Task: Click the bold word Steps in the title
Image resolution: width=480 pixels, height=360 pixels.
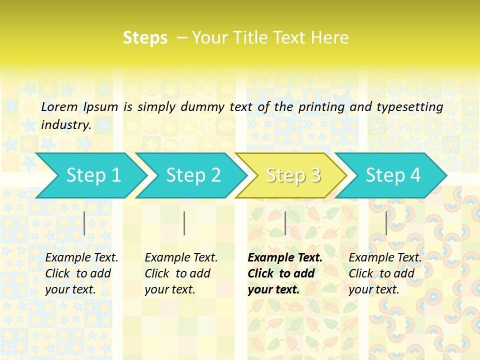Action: (x=145, y=38)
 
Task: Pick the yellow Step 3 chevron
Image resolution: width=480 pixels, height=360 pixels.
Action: (x=293, y=175)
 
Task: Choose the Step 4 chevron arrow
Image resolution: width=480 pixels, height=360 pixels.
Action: (x=393, y=175)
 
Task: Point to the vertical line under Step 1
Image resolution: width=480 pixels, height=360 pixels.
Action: (x=84, y=223)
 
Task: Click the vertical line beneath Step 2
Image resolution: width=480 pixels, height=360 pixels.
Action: (x=184, y=223)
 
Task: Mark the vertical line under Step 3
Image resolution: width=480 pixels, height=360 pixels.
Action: (x=285, y=223)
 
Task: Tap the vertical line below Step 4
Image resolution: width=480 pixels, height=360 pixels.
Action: (x=386, y=223)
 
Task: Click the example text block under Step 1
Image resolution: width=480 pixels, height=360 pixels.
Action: (x=81, y=273)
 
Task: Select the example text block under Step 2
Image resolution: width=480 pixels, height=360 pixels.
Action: (x=181, y=273)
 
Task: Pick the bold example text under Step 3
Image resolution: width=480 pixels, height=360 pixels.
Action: (x=284, y=273)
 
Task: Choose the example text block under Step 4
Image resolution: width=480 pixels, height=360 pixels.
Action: (x=385, y=273)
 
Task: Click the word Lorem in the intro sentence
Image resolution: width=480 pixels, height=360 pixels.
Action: (x=59, y=106)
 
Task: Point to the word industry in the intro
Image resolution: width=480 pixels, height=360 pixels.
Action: (x=66, y=125)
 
